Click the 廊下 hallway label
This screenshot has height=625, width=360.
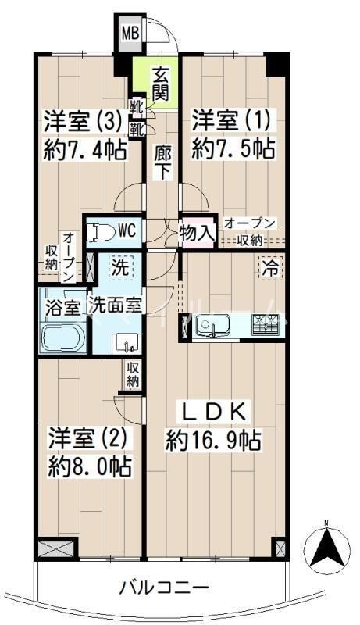tap(162, 162)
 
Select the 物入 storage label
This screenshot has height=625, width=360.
tap(197, 231)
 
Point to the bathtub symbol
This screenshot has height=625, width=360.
tap(63, 338)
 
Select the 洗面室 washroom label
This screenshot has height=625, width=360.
tap(115, 305)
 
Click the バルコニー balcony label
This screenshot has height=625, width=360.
tap(165, 588)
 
